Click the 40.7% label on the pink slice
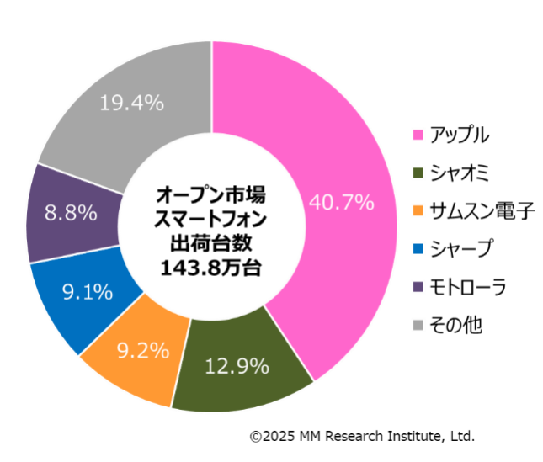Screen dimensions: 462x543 click(341, 202)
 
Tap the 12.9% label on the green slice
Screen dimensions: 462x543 click(237, 366)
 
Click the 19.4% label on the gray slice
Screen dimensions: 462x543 click(130, 103)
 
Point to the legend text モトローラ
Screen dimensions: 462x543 click(467, 287)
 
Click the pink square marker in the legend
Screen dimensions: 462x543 click(417, 135)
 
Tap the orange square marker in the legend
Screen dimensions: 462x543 click(417, 211)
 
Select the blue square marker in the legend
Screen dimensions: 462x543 click(417, 249)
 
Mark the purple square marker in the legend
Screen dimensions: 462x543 click(417, 287)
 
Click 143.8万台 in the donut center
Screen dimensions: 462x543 click(210, 268)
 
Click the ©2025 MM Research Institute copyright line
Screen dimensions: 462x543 click(362, 436)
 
